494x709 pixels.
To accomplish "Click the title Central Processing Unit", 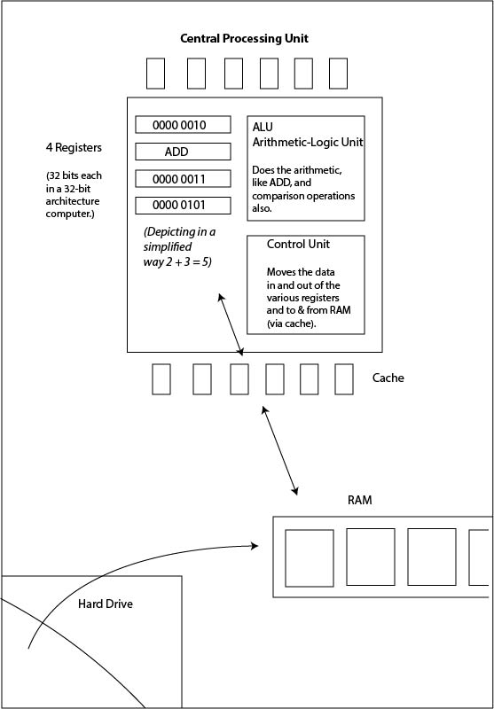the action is click(244, 38).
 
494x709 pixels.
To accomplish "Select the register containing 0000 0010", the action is click(183, 125).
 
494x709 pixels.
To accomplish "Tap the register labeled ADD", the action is click(183, 152).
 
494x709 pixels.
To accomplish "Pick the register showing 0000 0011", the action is click(183, 179).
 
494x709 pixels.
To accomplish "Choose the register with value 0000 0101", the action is click(183, 206).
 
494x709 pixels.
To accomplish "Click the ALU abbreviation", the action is click(263, 127).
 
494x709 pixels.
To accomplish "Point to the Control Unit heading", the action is click(298, 245).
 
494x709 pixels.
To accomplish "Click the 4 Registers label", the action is click(74, 147).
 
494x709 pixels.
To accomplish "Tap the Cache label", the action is click(388, 378).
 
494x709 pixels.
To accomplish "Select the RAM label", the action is click(360, 501).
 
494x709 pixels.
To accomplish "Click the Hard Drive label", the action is click(106, 604).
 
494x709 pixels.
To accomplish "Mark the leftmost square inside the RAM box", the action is click(310, 558).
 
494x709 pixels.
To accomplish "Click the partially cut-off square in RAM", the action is click(479, 557).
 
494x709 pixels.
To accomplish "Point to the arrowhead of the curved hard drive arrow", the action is click(255, 546).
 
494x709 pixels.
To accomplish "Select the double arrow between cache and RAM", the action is click(280, 450).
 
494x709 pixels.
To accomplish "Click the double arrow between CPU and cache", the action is click(231, 324).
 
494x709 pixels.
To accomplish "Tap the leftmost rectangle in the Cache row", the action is click(161, 379).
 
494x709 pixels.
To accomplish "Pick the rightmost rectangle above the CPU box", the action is click(338, 74).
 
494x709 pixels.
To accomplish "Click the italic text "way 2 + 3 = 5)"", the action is click(177, 261).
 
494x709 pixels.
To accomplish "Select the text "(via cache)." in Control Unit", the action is click(291, 323).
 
